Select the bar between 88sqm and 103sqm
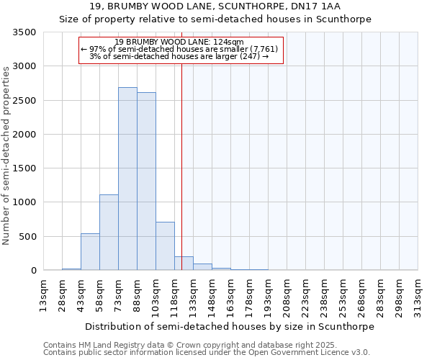(146, 181)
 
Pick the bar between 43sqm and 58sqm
(90, 252)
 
